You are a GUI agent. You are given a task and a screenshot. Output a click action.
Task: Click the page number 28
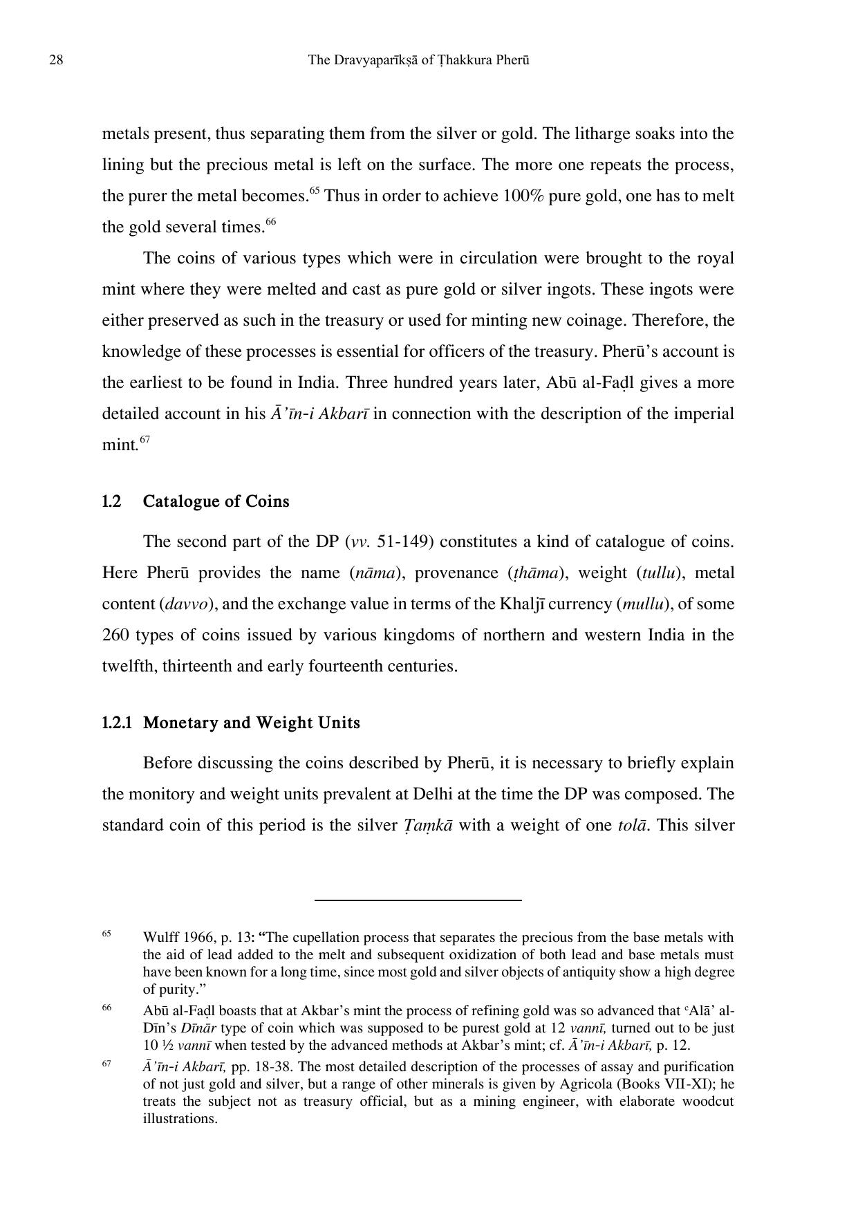click(56, 60)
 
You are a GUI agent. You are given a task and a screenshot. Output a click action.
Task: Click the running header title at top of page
click(418, 60)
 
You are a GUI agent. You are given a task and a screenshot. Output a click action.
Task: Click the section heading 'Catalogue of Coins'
click(216, 501)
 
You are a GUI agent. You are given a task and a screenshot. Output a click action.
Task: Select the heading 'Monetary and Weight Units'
click(251, 723)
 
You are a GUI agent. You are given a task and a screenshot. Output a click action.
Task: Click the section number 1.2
click(111, 501)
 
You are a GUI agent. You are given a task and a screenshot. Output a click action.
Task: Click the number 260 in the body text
click(115, 635)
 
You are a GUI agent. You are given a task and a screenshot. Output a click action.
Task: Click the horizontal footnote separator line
click(418, 900)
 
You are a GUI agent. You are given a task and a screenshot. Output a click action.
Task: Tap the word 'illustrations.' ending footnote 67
click(180, 1118)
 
